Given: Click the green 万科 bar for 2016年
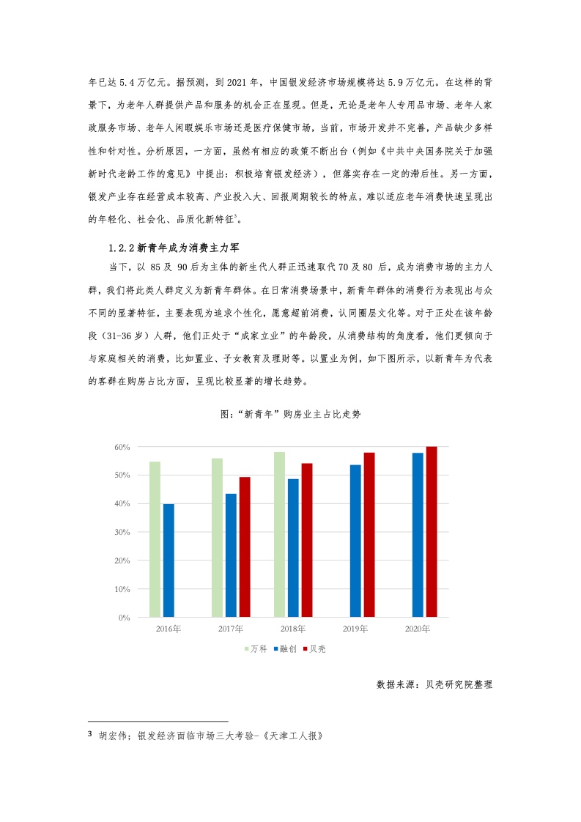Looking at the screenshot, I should tap(155, 539).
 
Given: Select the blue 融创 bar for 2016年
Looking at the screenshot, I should tap(169, 560).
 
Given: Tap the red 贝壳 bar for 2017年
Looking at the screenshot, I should tap(245, 547).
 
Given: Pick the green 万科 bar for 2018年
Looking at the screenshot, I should tap(279, 535).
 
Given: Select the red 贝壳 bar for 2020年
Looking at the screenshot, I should tap(432, 532).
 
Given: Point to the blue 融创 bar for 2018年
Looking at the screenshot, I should tap(293, 548).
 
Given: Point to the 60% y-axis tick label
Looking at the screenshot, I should tap(122, 447).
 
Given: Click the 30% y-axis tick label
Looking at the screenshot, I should tap(122, 533).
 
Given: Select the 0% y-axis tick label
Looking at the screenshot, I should tap(124, 618).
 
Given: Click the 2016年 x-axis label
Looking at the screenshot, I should tap(169, 629).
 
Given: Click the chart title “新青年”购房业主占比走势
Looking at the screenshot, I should tap(291, 414).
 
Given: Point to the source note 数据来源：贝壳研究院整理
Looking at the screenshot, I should tap(434, 685).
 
